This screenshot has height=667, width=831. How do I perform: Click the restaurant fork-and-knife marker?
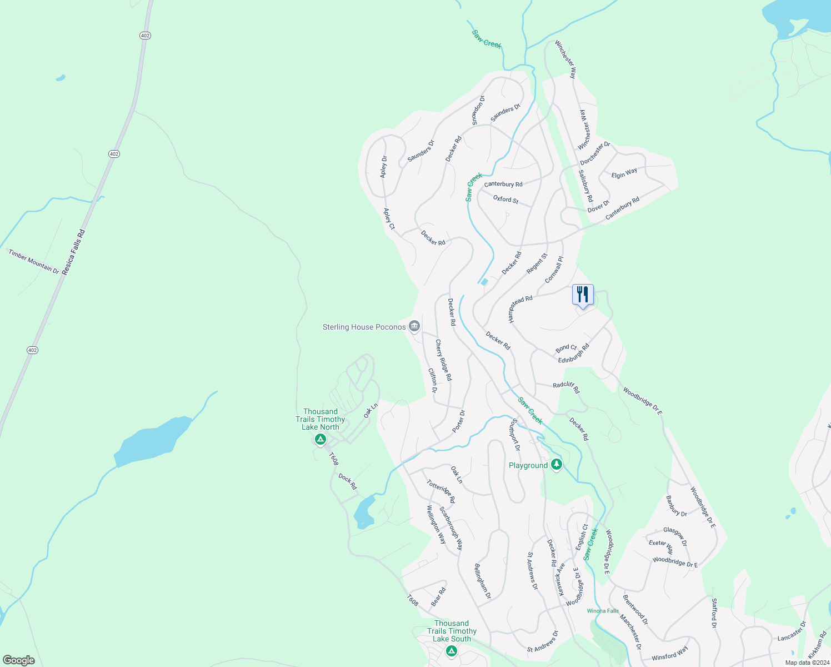[583, 295]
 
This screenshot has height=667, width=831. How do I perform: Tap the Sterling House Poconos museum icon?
[414, 326]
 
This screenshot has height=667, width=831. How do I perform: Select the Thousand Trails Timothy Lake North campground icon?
[320, 440]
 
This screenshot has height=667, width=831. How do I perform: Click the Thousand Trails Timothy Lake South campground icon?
[452, 651]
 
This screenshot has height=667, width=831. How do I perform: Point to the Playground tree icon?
[557, 465]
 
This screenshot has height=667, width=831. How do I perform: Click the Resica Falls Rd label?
[74, 252]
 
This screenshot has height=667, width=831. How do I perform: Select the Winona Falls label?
[603, 611]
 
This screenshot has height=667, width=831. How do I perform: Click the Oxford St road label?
[505, 199]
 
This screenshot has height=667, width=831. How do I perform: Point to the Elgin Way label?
[624, 173]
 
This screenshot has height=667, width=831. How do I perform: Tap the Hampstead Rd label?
[520, 309]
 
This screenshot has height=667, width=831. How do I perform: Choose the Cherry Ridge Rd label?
[443, 360]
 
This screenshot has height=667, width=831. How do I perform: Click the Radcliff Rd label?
[566, 387]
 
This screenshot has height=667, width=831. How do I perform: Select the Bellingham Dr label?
[482, 581]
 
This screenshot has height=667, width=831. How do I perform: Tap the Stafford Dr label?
[714, 613]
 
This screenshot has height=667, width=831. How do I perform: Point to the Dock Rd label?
[348, 481]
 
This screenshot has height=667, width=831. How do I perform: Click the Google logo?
[18, 660]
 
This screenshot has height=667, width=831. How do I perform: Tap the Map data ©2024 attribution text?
[807, 663]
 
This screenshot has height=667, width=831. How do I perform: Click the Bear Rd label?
[438, 597]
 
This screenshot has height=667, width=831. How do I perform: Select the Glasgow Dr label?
[675, 536]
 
